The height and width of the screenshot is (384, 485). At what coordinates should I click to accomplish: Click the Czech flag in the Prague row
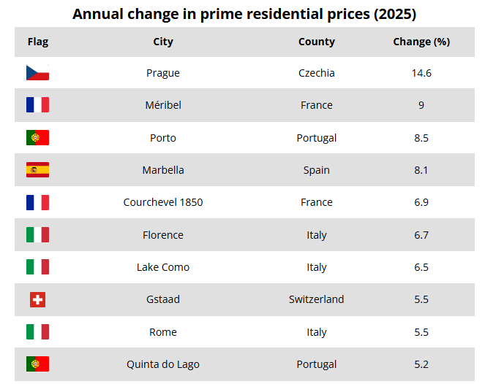coord(37,72)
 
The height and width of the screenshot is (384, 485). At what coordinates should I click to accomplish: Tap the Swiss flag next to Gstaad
coord(37,299)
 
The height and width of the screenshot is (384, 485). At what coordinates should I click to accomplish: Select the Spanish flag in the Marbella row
coord(37,170)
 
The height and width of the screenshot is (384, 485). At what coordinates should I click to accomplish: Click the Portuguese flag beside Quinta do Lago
coord(37,364)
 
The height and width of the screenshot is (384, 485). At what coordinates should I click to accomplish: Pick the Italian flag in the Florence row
coord(37,235)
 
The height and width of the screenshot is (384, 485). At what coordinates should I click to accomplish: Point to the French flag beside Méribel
coord(37,104)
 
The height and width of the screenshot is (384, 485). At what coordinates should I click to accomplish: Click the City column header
coord(163,42)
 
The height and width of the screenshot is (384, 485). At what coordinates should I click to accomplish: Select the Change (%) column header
coord(421,42)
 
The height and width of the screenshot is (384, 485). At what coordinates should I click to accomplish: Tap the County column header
coord(317,42)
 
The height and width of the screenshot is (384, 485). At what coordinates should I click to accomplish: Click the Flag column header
coord(38,42)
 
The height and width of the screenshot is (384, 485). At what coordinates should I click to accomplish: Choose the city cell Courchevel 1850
coord(163,202)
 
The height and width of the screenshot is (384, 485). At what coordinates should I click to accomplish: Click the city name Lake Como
coord(163,267)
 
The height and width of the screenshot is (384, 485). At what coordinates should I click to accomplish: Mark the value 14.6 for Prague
coord(421,73)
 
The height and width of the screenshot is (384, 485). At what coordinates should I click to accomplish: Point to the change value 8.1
coord(421,170)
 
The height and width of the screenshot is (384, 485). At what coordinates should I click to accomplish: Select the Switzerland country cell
coord(317,299)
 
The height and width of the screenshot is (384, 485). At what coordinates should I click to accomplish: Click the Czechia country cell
coord(317,73)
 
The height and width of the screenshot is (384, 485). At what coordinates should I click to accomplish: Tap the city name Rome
coord(163,332)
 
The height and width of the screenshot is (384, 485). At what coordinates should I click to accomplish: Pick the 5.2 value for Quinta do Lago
coord(421,364)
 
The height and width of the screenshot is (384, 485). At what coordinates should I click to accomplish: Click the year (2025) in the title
coord(395,14)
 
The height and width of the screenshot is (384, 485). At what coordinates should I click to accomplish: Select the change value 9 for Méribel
coord(421,105)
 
